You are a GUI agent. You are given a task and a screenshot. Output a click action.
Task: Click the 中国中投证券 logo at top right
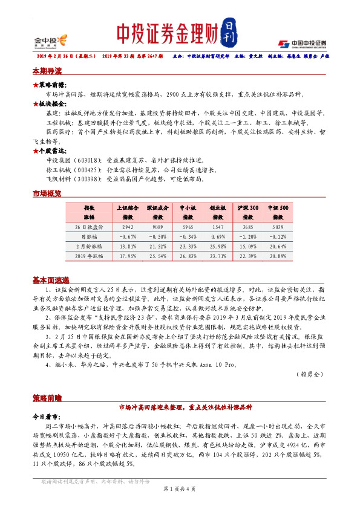303,44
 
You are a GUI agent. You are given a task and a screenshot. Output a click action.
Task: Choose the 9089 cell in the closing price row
156,227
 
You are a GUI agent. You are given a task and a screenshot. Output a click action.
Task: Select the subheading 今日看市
47,417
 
